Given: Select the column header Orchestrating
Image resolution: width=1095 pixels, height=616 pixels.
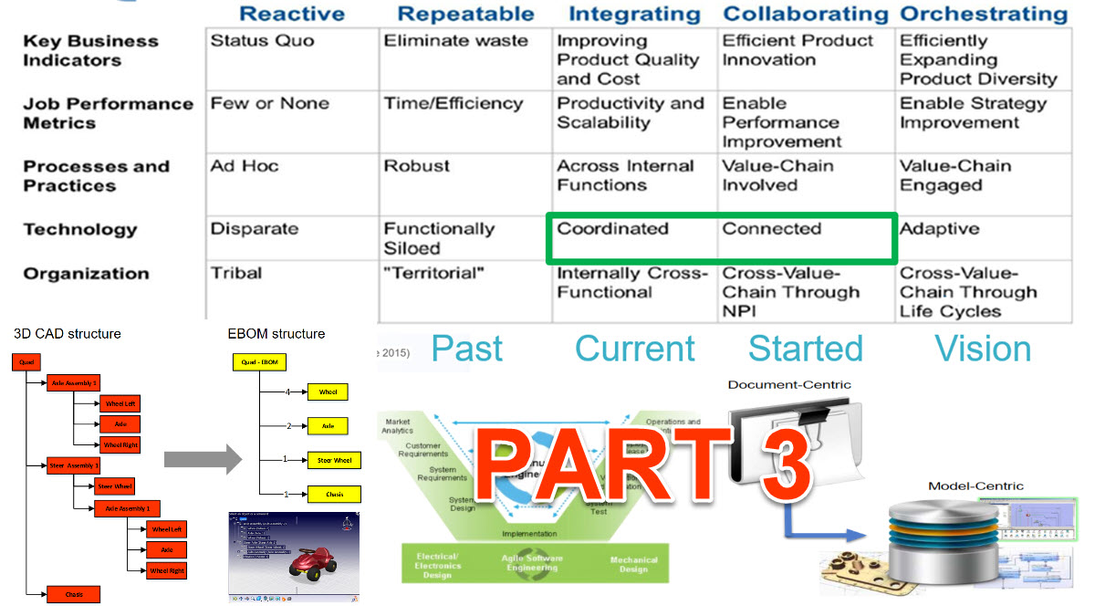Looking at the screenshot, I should [x=984, y=14].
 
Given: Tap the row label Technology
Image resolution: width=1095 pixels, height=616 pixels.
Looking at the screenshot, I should [x=80, y=230].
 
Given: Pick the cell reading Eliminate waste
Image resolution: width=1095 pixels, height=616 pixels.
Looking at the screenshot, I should [x=455, y=41].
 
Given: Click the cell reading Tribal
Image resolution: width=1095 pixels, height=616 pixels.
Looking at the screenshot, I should [x=236, y=273].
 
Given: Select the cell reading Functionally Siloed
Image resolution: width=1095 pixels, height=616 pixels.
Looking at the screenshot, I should [x=439, y=238].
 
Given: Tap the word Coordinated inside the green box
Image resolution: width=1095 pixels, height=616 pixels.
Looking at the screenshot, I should [x=612, y=229].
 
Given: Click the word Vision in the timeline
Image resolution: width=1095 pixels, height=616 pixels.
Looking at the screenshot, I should [x=984, y=349].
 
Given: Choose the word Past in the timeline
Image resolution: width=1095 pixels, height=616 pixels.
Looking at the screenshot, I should [x=467, y=349].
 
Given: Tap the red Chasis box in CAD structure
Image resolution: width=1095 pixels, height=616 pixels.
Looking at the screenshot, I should [x=74, y=594].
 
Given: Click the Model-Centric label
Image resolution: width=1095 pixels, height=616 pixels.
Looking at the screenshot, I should [x=975, y=486].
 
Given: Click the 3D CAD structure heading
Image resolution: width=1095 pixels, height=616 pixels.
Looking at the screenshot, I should [x=67, y=334].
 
